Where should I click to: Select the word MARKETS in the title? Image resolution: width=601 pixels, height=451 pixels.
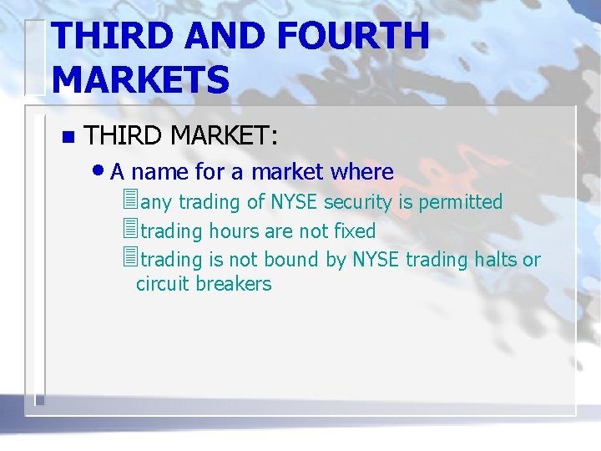(140, 80)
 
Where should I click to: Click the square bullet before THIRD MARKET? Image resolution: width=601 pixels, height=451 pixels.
(68, 137)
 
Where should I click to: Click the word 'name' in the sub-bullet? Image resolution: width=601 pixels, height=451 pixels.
(159, 173)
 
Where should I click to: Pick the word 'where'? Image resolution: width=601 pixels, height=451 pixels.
(361, 173)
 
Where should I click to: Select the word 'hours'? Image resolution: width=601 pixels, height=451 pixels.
(233, 231)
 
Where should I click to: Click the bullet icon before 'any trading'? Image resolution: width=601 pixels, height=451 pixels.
(129, 201)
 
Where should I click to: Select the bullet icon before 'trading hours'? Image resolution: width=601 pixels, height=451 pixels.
(129, 230)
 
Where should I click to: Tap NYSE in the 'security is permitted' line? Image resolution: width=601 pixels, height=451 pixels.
(295, 202)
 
